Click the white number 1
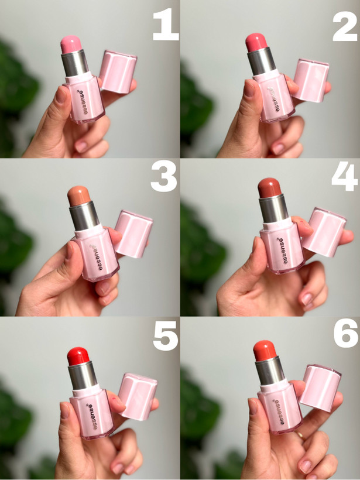166,25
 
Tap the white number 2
345,26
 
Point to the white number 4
345,176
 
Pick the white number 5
166,335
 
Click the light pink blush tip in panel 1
71,44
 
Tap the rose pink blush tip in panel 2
256,42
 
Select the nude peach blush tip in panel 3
79,196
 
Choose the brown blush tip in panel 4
269,187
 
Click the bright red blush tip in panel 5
78,356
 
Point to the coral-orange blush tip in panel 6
265,350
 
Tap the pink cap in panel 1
118,71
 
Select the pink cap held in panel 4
324,232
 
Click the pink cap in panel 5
138,396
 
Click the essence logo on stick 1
81,102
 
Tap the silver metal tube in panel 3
84,215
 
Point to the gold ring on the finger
301,435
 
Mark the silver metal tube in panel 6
270,371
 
